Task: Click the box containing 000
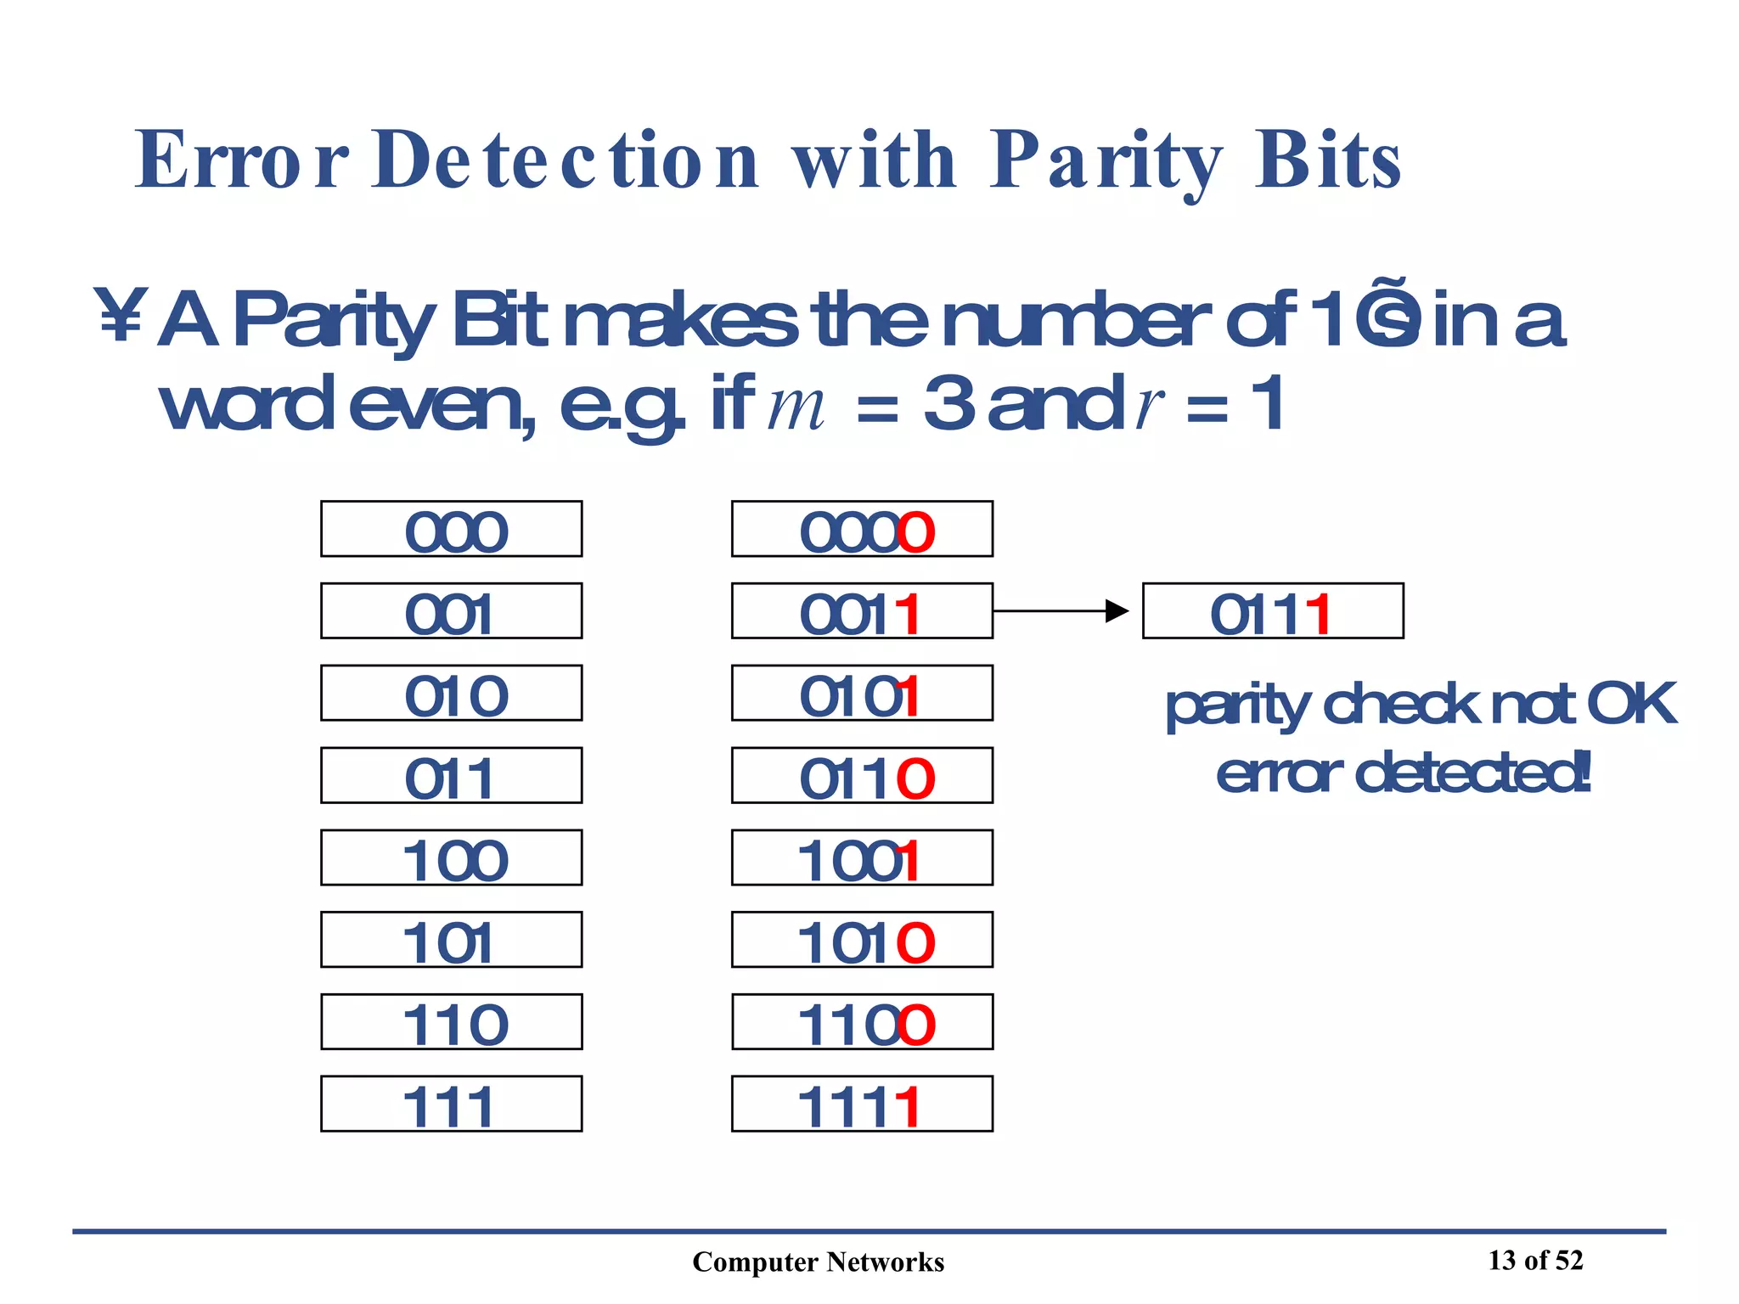click(451, 529)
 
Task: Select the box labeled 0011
click(861, 610)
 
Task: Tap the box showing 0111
click(1272, 610)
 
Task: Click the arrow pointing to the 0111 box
click(1061, 610)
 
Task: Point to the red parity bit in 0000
click(916, 532)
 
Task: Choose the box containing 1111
click(861, 1104)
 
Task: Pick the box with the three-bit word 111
click(451, 1104)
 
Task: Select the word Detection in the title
click(565, 161)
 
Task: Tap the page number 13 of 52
click(1535, 1260)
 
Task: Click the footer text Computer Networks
click(818, 1262)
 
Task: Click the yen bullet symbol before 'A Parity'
click(120, 316)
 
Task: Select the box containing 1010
click(861, 940)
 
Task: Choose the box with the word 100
click(451, 857)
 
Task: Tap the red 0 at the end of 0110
click(915, 778)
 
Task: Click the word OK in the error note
click(1630, 704)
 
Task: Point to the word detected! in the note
click(1473, 773)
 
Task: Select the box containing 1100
click(861, 1021)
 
